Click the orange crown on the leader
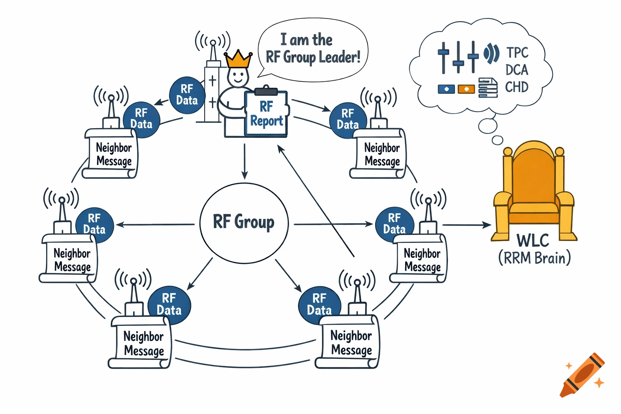coord(238,59)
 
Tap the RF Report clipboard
coord(266,114)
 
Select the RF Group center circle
coord(244,223)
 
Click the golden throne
coord(534,190)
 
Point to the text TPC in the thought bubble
coord(517,53)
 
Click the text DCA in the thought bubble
coord(517,70)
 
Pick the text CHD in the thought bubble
coord(517,87)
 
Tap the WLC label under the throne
coord(533,241)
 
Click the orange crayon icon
coord(582,375)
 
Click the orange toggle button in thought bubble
coord(466,89)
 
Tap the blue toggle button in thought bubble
coord(446,89)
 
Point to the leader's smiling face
coord(237,76)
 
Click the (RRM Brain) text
coord(534,258)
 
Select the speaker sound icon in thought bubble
coord(491,53)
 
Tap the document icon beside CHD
coord(488,88)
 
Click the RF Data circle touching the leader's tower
coord(187,95)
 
